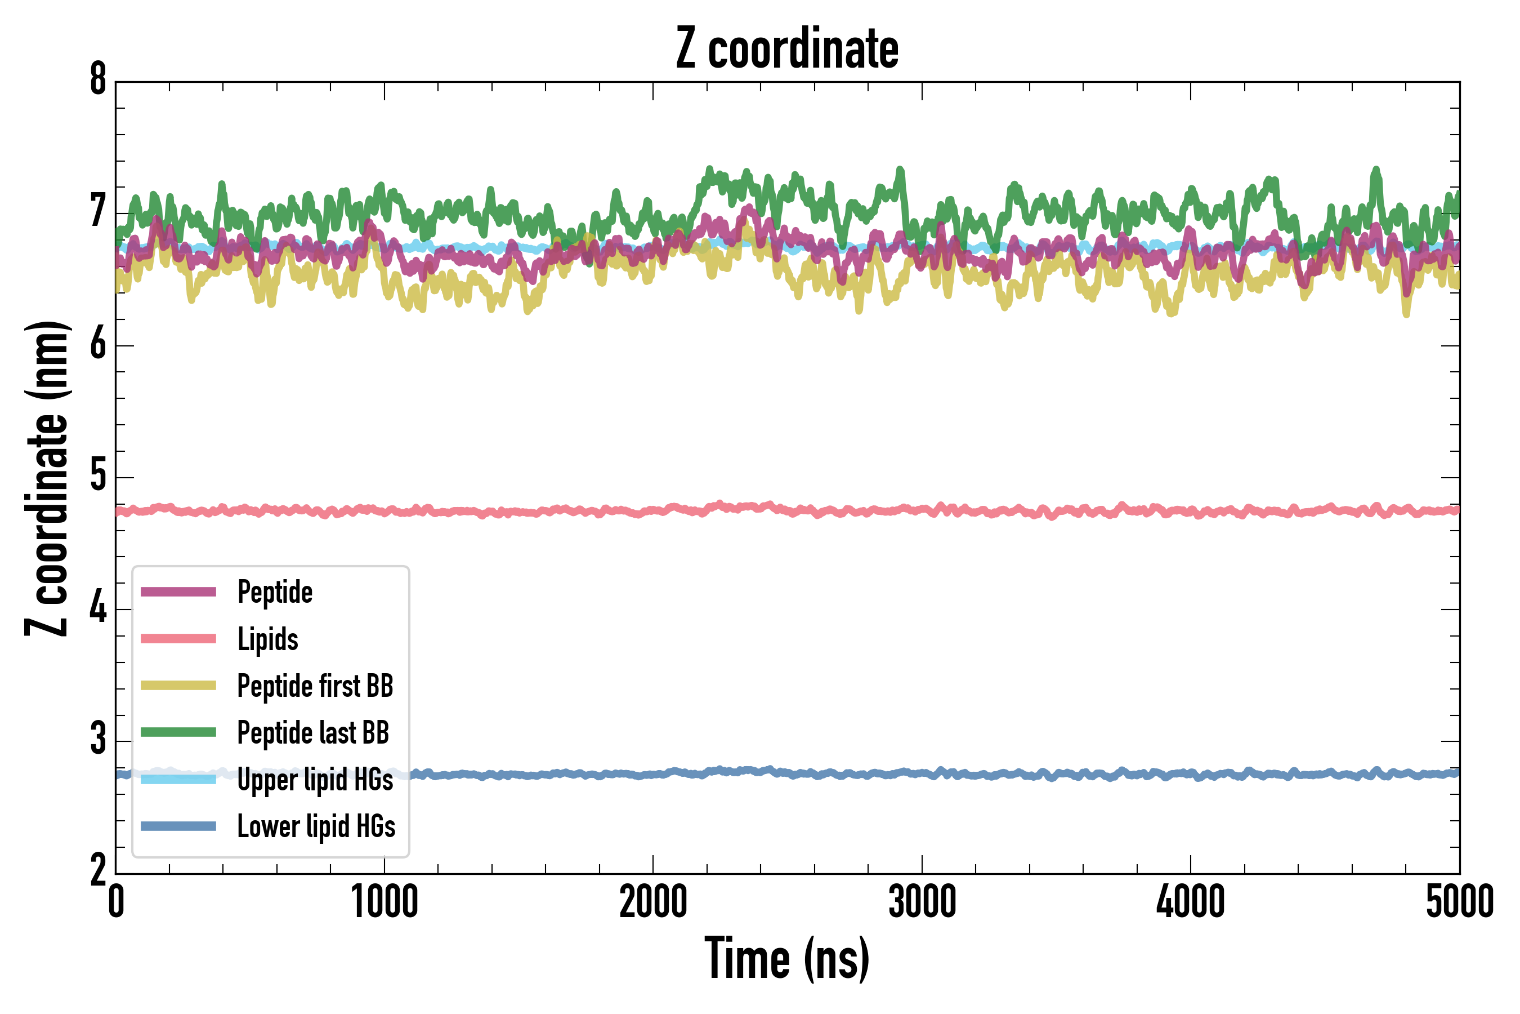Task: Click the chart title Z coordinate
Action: coord(786,49)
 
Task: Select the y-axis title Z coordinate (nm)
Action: coord(47,478)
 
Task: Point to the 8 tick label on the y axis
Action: coord(98,80)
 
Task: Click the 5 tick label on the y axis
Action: coord(98,477)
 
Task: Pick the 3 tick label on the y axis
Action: coord(98,740)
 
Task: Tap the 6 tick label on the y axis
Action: coord(98,345)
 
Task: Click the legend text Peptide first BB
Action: coord(315,686)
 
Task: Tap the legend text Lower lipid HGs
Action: coord(316,826)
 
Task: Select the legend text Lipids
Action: coord(268,639)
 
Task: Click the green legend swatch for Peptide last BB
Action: coord(178,732)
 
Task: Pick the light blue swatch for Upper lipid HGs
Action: coord(178,779)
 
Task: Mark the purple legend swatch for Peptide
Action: coord(178,591)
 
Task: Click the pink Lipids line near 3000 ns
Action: coord(922,511)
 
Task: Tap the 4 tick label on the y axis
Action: coord(98,608)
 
